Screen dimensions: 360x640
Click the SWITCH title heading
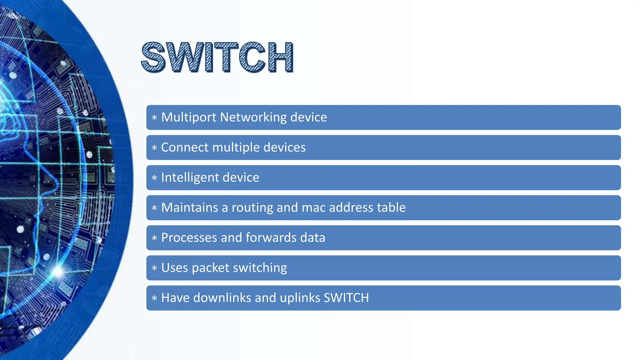point(217,57)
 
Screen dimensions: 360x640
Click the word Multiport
point(189,117)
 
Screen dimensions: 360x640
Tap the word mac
point(313,207)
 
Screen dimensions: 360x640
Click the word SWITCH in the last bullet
point(346,298)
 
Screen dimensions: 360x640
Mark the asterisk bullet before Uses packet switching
point(154,268)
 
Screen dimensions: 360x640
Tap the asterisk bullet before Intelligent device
point(154,178)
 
